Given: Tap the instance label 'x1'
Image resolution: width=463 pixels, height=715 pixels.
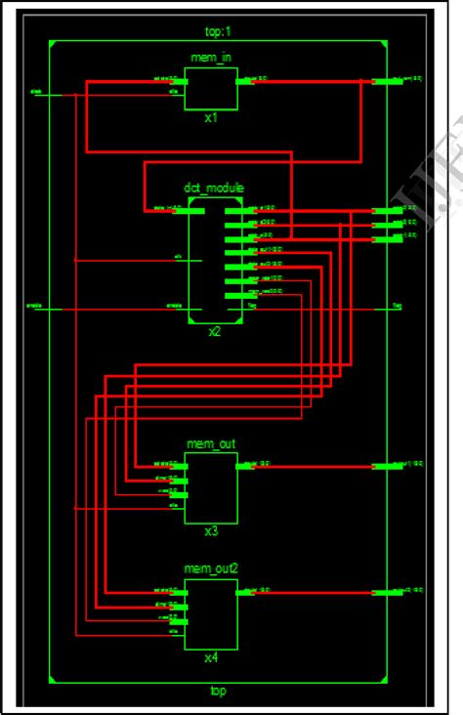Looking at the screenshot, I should tap(211, 118).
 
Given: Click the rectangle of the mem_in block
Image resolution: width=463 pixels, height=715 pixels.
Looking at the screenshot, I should tap(211, 89).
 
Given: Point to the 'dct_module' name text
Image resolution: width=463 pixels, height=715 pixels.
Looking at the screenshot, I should tap(214, 188).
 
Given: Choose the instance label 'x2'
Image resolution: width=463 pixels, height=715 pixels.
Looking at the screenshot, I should tap(214, 332).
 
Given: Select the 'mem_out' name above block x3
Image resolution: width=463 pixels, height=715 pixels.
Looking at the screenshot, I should tap(211, 444).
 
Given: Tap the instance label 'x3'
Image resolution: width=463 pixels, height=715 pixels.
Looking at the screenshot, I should tap(211, 532).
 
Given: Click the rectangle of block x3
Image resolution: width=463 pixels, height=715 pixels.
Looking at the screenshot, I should tap(211, 487).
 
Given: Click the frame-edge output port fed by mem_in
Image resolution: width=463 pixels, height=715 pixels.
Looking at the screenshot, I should tap(387, 82).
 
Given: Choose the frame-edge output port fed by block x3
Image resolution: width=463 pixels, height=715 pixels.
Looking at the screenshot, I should tap(387, 467).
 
